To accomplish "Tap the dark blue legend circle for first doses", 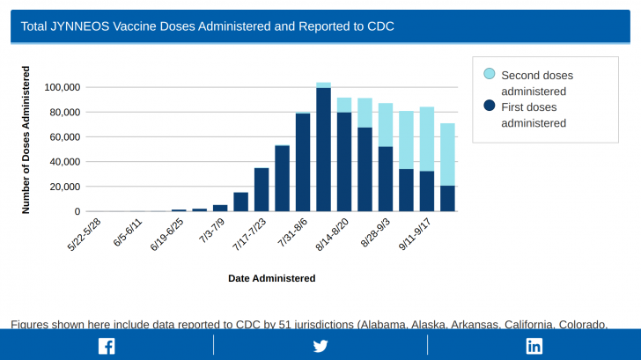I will [x=490, y=107].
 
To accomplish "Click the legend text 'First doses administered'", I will [x=533, y=114].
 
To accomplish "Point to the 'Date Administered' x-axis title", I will [x=271, y=278].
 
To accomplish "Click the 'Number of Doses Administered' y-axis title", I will [x=26, y=139].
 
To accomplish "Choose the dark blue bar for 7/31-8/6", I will [x=303, y=163].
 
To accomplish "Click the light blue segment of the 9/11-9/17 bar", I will [x=427, y=139].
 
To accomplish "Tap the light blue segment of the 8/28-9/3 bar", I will [x=386, y=125].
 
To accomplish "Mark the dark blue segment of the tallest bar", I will [x=324, y=150].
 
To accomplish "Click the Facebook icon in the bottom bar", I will [x=107, y=345].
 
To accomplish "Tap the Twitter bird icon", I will [x=320, y=345].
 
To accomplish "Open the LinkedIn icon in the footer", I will [x=534, y=345].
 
